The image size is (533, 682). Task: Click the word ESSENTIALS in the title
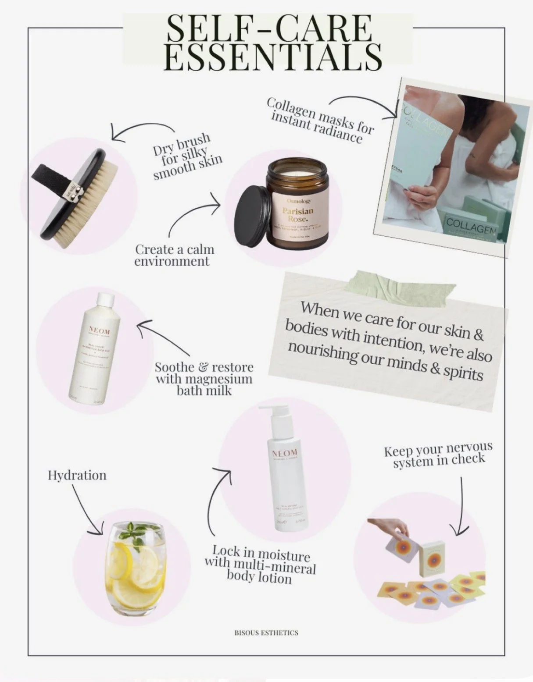pyautogui.click(x=274, y=57)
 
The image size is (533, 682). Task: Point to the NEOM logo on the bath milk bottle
pyautogui.click(x=100, y=330)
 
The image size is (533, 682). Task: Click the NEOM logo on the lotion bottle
pyautogui.click(x=285, y=452)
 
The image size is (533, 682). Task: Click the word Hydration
pyautogui.click(x=77, y=475)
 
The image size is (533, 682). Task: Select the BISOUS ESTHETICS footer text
pyautogui.click(x=266, y=633)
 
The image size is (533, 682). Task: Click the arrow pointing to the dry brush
pyautogui.click(x=140, y=129)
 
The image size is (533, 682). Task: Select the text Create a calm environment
pyautogui.click(x=174, y=255)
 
